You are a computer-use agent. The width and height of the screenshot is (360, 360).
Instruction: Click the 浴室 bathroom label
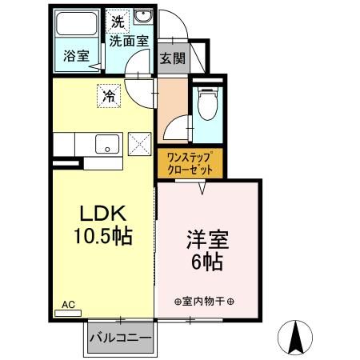pos(77,56)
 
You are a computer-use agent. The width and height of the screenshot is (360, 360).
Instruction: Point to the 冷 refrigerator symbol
pos(109,96)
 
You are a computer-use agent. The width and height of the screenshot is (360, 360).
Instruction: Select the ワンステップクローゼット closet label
pos(190,164)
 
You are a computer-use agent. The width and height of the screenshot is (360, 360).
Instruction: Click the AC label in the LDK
pos(70,304)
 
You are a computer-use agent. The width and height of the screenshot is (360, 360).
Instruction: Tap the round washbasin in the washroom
pos(144,20)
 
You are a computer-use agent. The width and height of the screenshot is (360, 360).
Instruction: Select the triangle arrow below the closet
pos(203,189)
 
